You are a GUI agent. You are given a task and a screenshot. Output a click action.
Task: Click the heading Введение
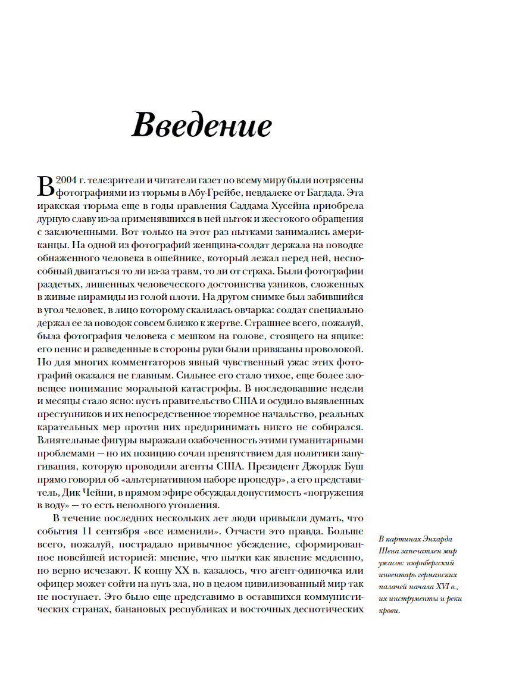tap(202, 126)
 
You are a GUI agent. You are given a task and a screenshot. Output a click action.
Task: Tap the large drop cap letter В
tap(45, 186)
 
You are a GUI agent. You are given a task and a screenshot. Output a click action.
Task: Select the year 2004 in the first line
tap(67, 180)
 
